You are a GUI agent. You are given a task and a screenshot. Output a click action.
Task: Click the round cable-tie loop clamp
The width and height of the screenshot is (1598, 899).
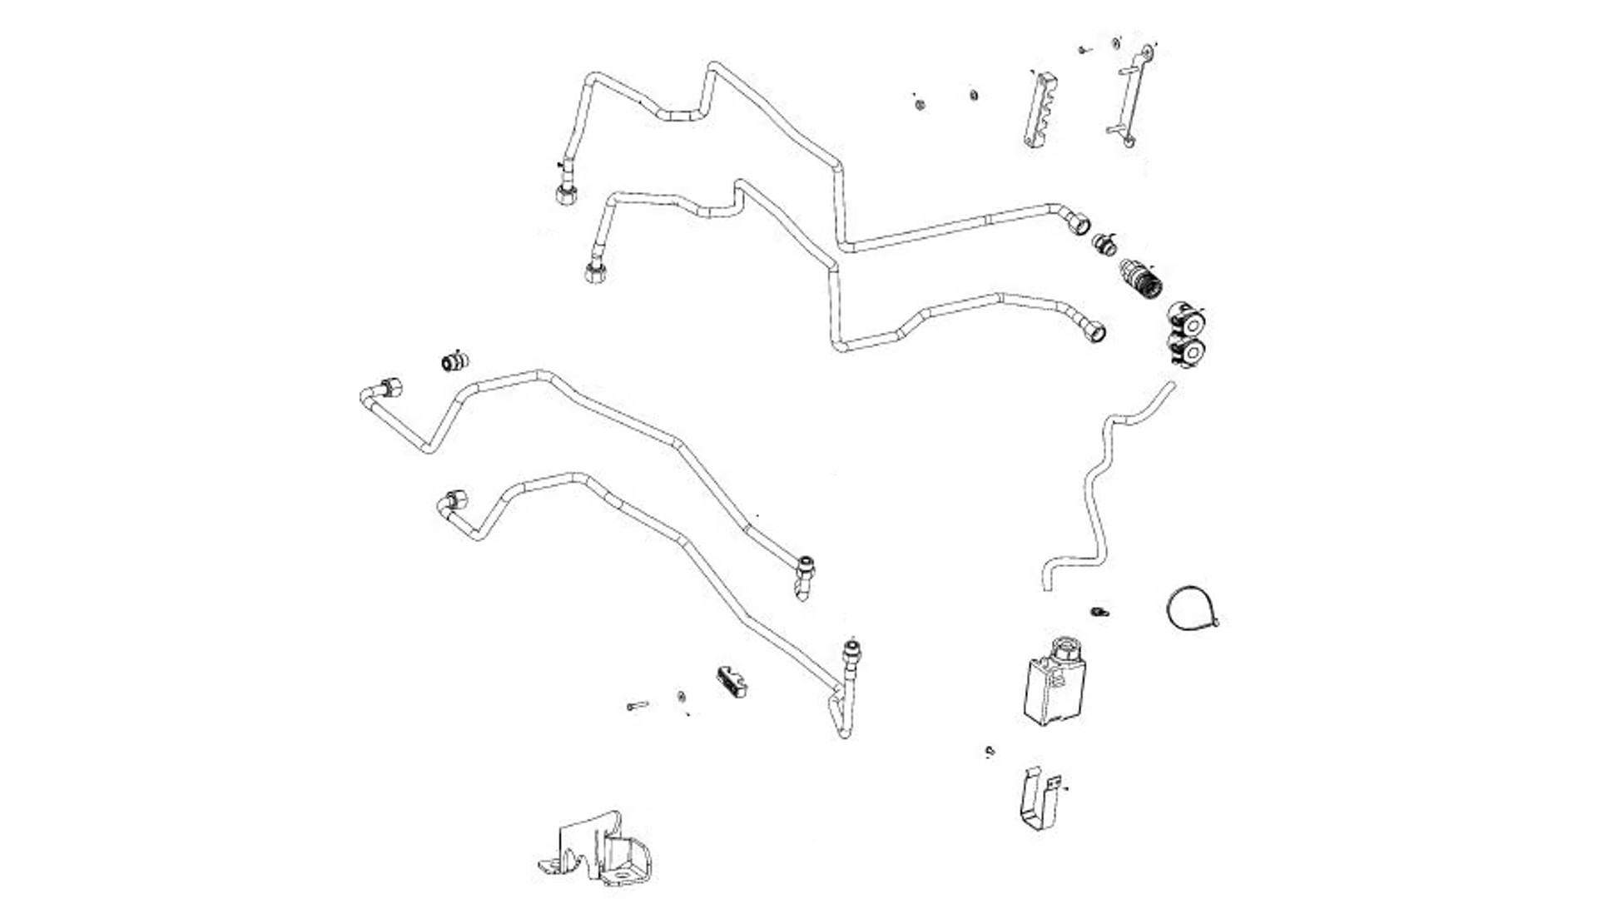tap(1190, 608)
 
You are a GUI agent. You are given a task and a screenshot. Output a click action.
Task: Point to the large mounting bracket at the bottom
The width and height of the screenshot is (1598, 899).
tap(598, 849)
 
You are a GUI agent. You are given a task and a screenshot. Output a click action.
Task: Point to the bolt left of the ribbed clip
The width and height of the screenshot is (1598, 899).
tap(637, 706)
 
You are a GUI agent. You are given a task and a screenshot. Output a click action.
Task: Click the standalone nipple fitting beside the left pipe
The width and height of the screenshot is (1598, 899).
tap(454, 361)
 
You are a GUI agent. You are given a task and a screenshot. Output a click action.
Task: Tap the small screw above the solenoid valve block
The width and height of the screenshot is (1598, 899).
tap(1099, 613)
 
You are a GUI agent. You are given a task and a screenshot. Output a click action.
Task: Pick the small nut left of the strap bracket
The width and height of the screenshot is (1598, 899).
tap(990, 752)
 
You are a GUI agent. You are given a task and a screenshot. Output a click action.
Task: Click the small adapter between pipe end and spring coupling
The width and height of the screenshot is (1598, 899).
tap(1104, 245)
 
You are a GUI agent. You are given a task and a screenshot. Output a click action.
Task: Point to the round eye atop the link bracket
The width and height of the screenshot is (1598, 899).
tap(1147, 53)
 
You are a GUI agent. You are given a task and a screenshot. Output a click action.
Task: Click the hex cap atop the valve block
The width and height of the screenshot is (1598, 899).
tap(1064, 647)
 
